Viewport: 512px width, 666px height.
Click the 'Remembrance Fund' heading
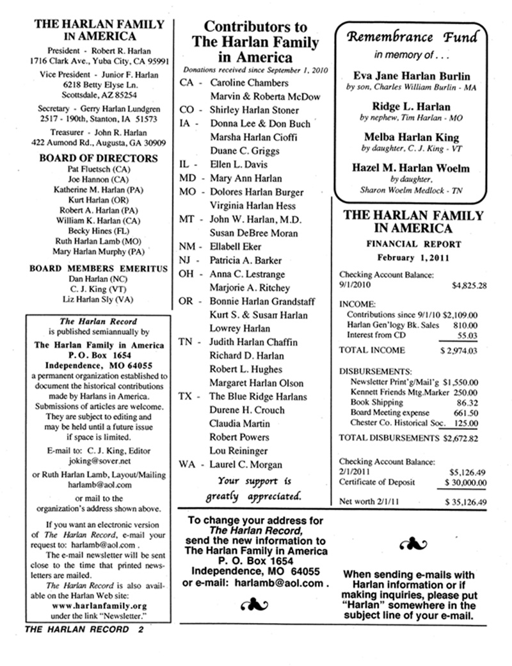coord(412,37)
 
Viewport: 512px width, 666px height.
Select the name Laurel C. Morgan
coord(246,464)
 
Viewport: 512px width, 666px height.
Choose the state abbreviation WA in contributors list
coord(186,464)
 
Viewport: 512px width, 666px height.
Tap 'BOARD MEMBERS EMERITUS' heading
coord(99,268)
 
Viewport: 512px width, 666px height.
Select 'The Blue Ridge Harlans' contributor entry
coord(259,396)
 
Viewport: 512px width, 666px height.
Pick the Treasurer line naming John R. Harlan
coord(99,133)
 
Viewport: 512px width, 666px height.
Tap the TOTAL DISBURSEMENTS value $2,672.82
coord(465,438)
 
